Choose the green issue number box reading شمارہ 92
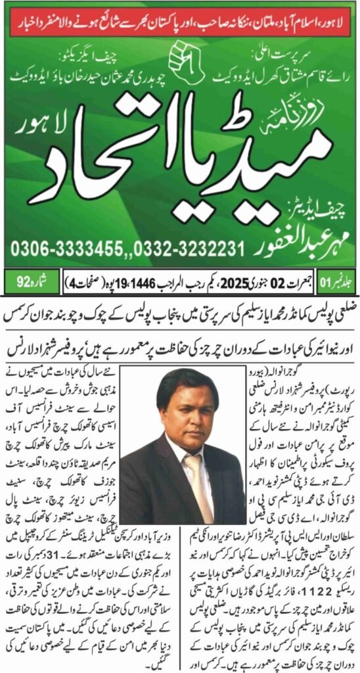(x=26, y=284)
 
